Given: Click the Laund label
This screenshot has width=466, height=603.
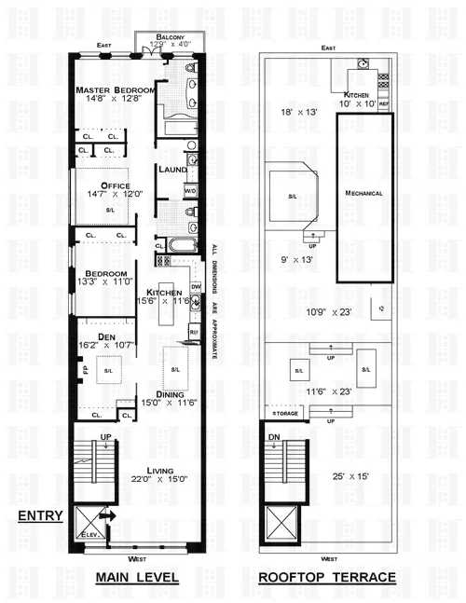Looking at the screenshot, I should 173,170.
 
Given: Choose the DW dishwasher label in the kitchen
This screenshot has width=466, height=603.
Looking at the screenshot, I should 196,286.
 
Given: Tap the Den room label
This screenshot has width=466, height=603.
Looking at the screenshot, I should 91,337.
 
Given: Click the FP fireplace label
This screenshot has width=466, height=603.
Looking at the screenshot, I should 84,369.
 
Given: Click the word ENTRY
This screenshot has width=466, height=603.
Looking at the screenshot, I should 39,515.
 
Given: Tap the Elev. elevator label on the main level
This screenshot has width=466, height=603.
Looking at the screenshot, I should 91,535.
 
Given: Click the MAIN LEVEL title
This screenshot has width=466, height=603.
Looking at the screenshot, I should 137,578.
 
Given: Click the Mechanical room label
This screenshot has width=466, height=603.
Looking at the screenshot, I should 363,193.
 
